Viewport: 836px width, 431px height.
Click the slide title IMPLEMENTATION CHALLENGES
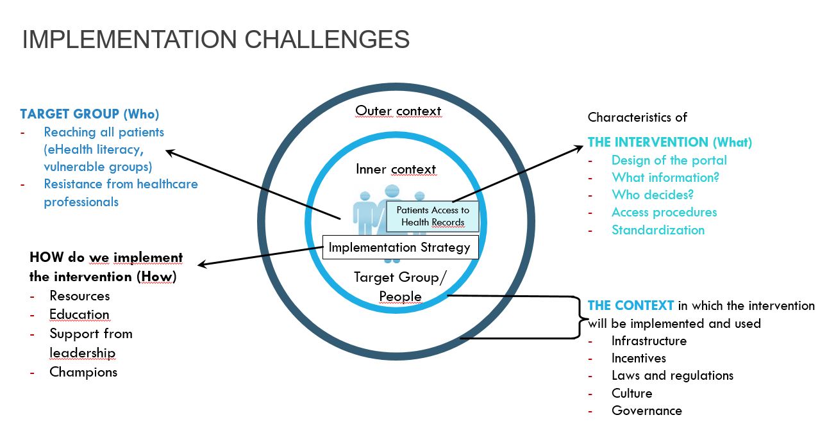[215, 39]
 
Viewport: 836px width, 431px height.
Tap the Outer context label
[398, 111]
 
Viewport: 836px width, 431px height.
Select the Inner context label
[396, 169]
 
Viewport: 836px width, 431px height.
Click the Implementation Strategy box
[399, 247]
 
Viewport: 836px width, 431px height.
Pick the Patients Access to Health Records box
[433, 216]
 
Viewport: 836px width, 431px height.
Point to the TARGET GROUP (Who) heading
[90, 114]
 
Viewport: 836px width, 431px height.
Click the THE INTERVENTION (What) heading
[669, 142]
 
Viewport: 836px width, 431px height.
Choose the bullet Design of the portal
[669, 160]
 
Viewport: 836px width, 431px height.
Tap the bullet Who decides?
[652, 195]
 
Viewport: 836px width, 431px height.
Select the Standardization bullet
[658, 230]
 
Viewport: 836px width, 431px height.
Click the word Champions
[83, 371]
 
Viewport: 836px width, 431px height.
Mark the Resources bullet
[79, 296]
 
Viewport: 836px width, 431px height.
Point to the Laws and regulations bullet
[672, 375]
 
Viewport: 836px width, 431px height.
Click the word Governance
[646, 411]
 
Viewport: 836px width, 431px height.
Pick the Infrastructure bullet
[649, 341]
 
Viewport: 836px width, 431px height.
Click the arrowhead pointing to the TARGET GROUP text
[169, 152]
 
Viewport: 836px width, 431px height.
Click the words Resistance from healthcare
[121, 184]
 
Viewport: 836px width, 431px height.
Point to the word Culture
[631, 393]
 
